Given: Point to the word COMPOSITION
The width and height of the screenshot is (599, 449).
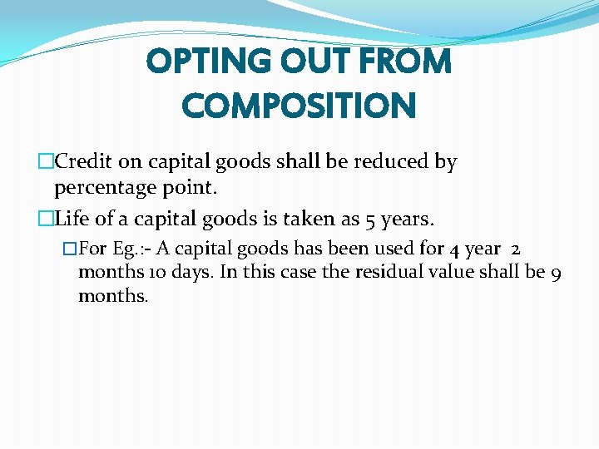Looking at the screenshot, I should [299, 106].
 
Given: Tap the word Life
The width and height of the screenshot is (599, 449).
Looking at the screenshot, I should [72, 220].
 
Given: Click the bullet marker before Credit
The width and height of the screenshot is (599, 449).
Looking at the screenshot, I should [46, 161].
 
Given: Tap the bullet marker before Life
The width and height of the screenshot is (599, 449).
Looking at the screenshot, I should [46, 220].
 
